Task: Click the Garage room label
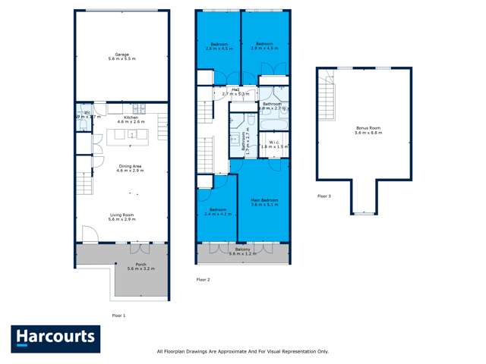(121, 54)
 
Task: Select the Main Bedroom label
(265, 200)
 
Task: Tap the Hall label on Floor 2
(226, 89)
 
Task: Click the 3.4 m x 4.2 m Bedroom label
(217, 212)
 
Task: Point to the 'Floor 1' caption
(118, 315)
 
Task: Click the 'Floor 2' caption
(203, 280)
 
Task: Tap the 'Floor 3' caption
(324, 196)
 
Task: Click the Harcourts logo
(55, 338)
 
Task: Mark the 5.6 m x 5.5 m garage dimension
(121, 58)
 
